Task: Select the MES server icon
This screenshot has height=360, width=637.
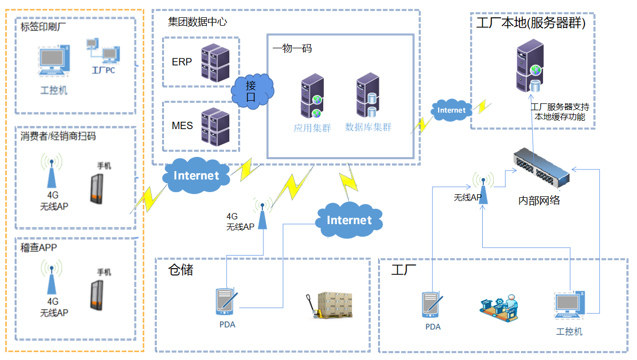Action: (216, 126)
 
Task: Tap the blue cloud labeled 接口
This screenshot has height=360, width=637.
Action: (252, 91)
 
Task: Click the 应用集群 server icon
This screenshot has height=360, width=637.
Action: (311, 97)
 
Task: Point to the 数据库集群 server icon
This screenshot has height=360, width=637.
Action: (367, 96)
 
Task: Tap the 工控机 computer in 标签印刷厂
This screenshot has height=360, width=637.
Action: (55, 61)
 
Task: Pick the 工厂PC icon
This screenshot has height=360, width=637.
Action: (102, 51)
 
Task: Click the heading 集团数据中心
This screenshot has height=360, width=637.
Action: (197, 22)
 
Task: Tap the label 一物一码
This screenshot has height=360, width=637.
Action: (292, 48)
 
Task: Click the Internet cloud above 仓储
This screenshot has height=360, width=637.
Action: (349, 220)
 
